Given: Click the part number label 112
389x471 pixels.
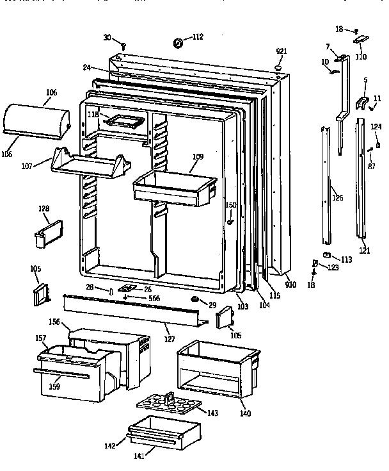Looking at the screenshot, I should point(197,37).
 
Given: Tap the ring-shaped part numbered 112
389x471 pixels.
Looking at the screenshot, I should point(177,43).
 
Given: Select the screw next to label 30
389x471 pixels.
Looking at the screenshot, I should point(123,45).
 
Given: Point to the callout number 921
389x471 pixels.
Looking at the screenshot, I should point(281,51).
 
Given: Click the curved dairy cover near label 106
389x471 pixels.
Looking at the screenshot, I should point(36,121).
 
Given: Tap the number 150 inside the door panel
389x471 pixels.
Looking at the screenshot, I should point(231,205).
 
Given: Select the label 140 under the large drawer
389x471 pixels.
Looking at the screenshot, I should point(244,413).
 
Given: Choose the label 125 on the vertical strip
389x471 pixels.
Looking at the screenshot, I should point(337,198).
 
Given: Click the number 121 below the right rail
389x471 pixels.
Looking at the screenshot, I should point(364,251).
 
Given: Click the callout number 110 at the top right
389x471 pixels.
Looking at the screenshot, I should point(361,56).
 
